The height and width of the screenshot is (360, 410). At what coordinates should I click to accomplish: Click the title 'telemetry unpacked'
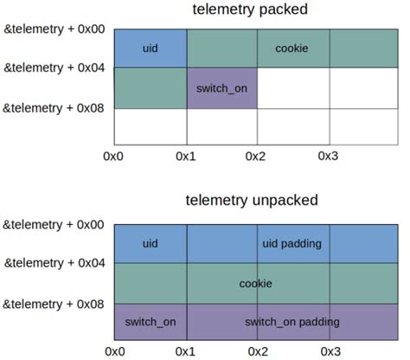252,201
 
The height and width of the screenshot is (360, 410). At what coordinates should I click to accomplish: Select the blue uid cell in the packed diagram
151,48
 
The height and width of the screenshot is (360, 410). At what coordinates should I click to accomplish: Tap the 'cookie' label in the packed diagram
291,48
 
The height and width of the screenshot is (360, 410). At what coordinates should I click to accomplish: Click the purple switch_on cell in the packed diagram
221,87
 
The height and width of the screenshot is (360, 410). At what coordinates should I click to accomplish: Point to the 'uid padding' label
291,244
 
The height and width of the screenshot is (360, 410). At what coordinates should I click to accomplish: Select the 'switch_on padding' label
291,322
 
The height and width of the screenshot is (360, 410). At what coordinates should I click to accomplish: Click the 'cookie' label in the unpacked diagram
256,283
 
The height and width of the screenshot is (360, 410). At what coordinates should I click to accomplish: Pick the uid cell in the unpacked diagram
151,244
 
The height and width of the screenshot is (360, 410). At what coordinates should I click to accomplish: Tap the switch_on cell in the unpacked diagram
151,322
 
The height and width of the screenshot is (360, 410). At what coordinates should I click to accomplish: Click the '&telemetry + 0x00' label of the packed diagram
54,29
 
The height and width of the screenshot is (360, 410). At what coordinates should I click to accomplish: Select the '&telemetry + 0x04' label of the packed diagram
54,67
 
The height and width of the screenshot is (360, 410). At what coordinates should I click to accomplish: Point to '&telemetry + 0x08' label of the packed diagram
54,107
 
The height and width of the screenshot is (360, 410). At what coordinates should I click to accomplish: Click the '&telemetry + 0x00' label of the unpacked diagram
54,225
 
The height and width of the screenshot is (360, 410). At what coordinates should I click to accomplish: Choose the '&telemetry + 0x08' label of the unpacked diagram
54,304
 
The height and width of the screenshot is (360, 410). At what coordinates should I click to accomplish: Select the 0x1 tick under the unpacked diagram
185,351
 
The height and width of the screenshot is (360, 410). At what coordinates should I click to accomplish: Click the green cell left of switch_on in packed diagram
151,87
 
